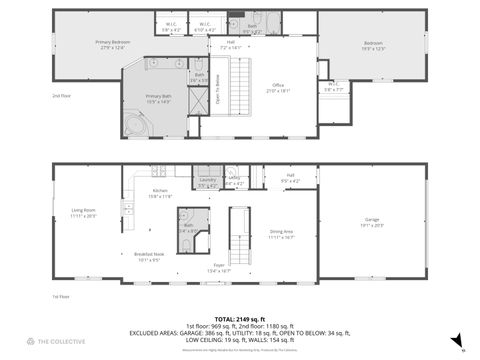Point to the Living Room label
pyautogui.click(x=83, y=212)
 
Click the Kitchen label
pyautogui.click(x=160, y=193)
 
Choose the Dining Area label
pyautogui.click(x=281, y=234)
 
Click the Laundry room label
pyautogui.click(x=207, y=182)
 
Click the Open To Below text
pyautogui.click(x=216, y=96)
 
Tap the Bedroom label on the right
pyautogui.click(x=373, y=46)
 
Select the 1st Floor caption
pyautogui.click(x=62, y=297)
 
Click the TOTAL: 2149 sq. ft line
pyautogui.click(x=239, y=319)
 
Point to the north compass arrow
pyautogui.click(x=456, y=340)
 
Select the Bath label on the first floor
pyautogui.click(x=187, y=228)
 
